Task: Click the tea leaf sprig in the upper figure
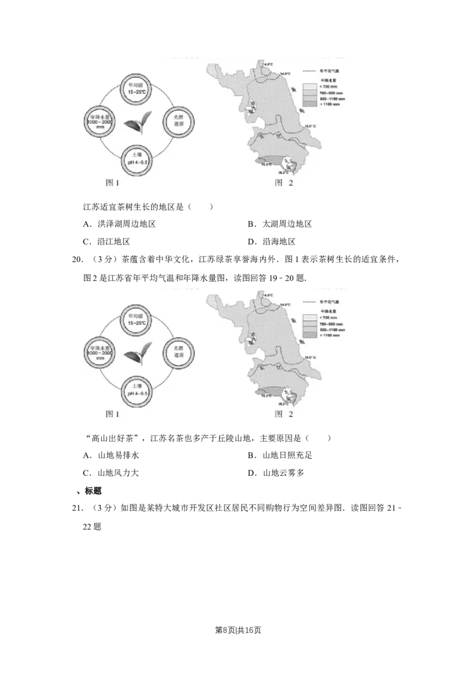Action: pyautogui.click(x=137, y=123)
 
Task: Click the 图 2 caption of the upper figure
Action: pyautogui.click(x=283, y=183)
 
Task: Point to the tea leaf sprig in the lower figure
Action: pyautogui.click(x=137, y=352)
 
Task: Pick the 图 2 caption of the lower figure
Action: pyautogui.click(x=283, y=412)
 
